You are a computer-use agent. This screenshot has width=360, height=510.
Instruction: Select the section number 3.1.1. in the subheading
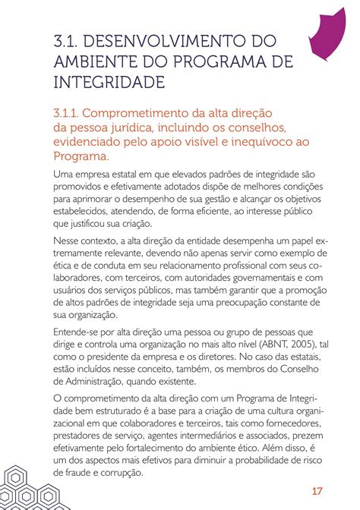tap(71, 112)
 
